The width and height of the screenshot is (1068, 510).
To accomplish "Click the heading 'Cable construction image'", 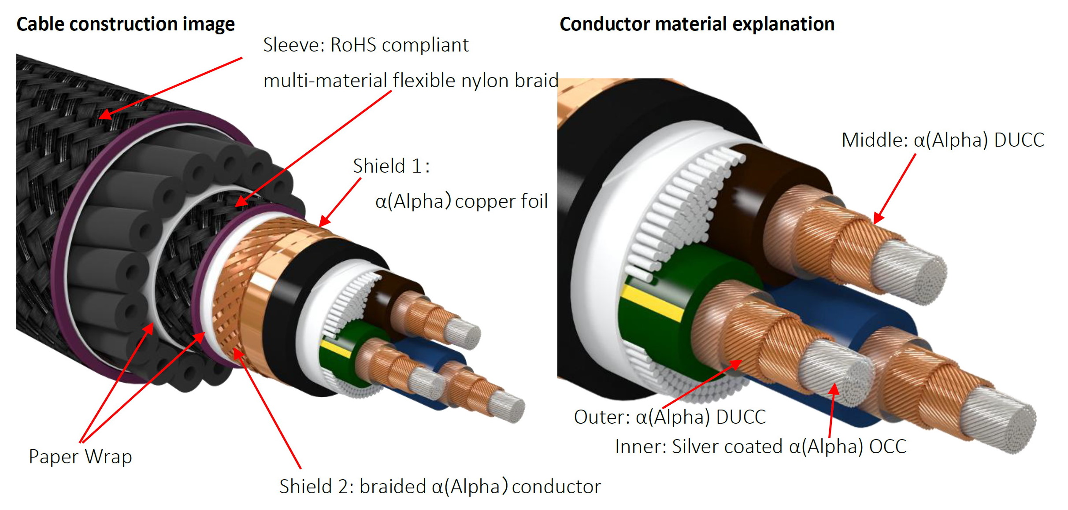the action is [126, 24].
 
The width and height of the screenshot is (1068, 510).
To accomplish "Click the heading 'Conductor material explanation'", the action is [697, 24].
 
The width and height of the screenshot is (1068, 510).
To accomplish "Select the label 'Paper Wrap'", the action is [81, 457].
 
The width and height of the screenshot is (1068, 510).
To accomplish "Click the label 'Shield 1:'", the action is [391, 166].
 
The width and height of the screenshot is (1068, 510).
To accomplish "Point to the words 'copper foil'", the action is [501, 201].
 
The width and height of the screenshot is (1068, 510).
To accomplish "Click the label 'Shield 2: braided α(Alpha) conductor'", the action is [440, 487].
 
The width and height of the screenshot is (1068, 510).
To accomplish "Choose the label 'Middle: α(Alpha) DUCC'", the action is [943, 140].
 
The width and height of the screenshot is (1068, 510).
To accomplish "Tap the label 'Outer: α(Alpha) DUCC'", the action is [670, 417].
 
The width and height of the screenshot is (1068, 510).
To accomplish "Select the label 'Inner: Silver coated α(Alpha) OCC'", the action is [761, 447].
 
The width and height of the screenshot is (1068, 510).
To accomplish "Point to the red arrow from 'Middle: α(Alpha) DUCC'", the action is [895, 188].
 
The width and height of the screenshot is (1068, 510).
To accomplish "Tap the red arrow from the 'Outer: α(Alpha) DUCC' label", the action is [702, 384].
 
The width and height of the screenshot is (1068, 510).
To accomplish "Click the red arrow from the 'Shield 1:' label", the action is [340, 202].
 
